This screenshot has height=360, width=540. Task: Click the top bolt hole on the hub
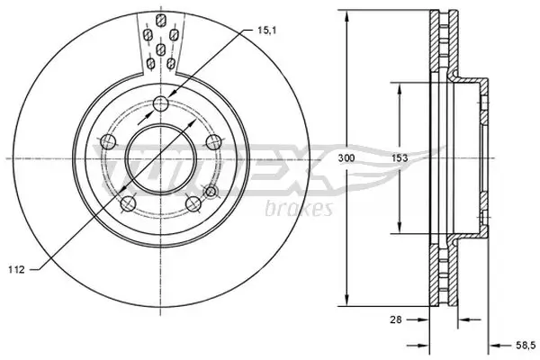tap(160, 102)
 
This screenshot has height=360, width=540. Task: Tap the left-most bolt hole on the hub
tap(108, 141)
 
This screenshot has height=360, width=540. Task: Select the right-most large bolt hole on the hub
tap(213, 141)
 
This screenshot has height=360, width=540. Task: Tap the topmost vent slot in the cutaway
tap(159, 20)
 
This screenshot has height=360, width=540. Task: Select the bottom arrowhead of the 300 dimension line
tap(347, 301)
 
